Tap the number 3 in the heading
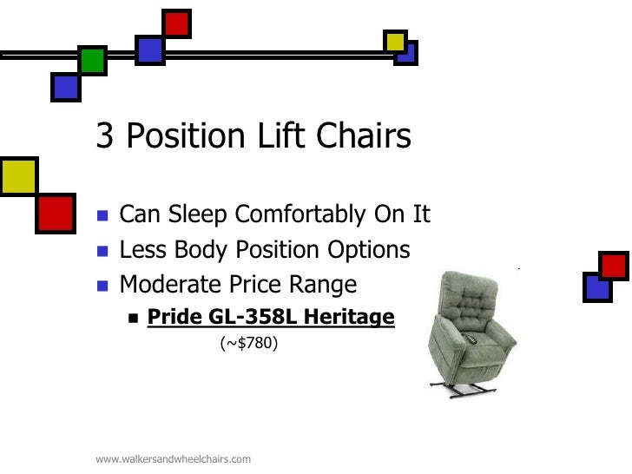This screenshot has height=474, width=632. pyautogui.click(x=105, y=137)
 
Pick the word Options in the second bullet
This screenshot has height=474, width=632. pyautogui.click(x=369, y=250)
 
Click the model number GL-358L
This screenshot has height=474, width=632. pyautogui.click(x=253, y=318)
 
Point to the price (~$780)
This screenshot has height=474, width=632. pyautogui.click(x=248, y=345)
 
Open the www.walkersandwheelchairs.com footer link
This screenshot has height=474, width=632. pyautogui.click(x=173, y=458)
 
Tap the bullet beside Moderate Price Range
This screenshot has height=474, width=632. pyautogui.click(x=102, y=286)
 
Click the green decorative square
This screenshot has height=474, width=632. pyautogui.click(x=92, y=61)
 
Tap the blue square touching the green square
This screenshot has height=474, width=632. pyautogui.click(x=66, y=87)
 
